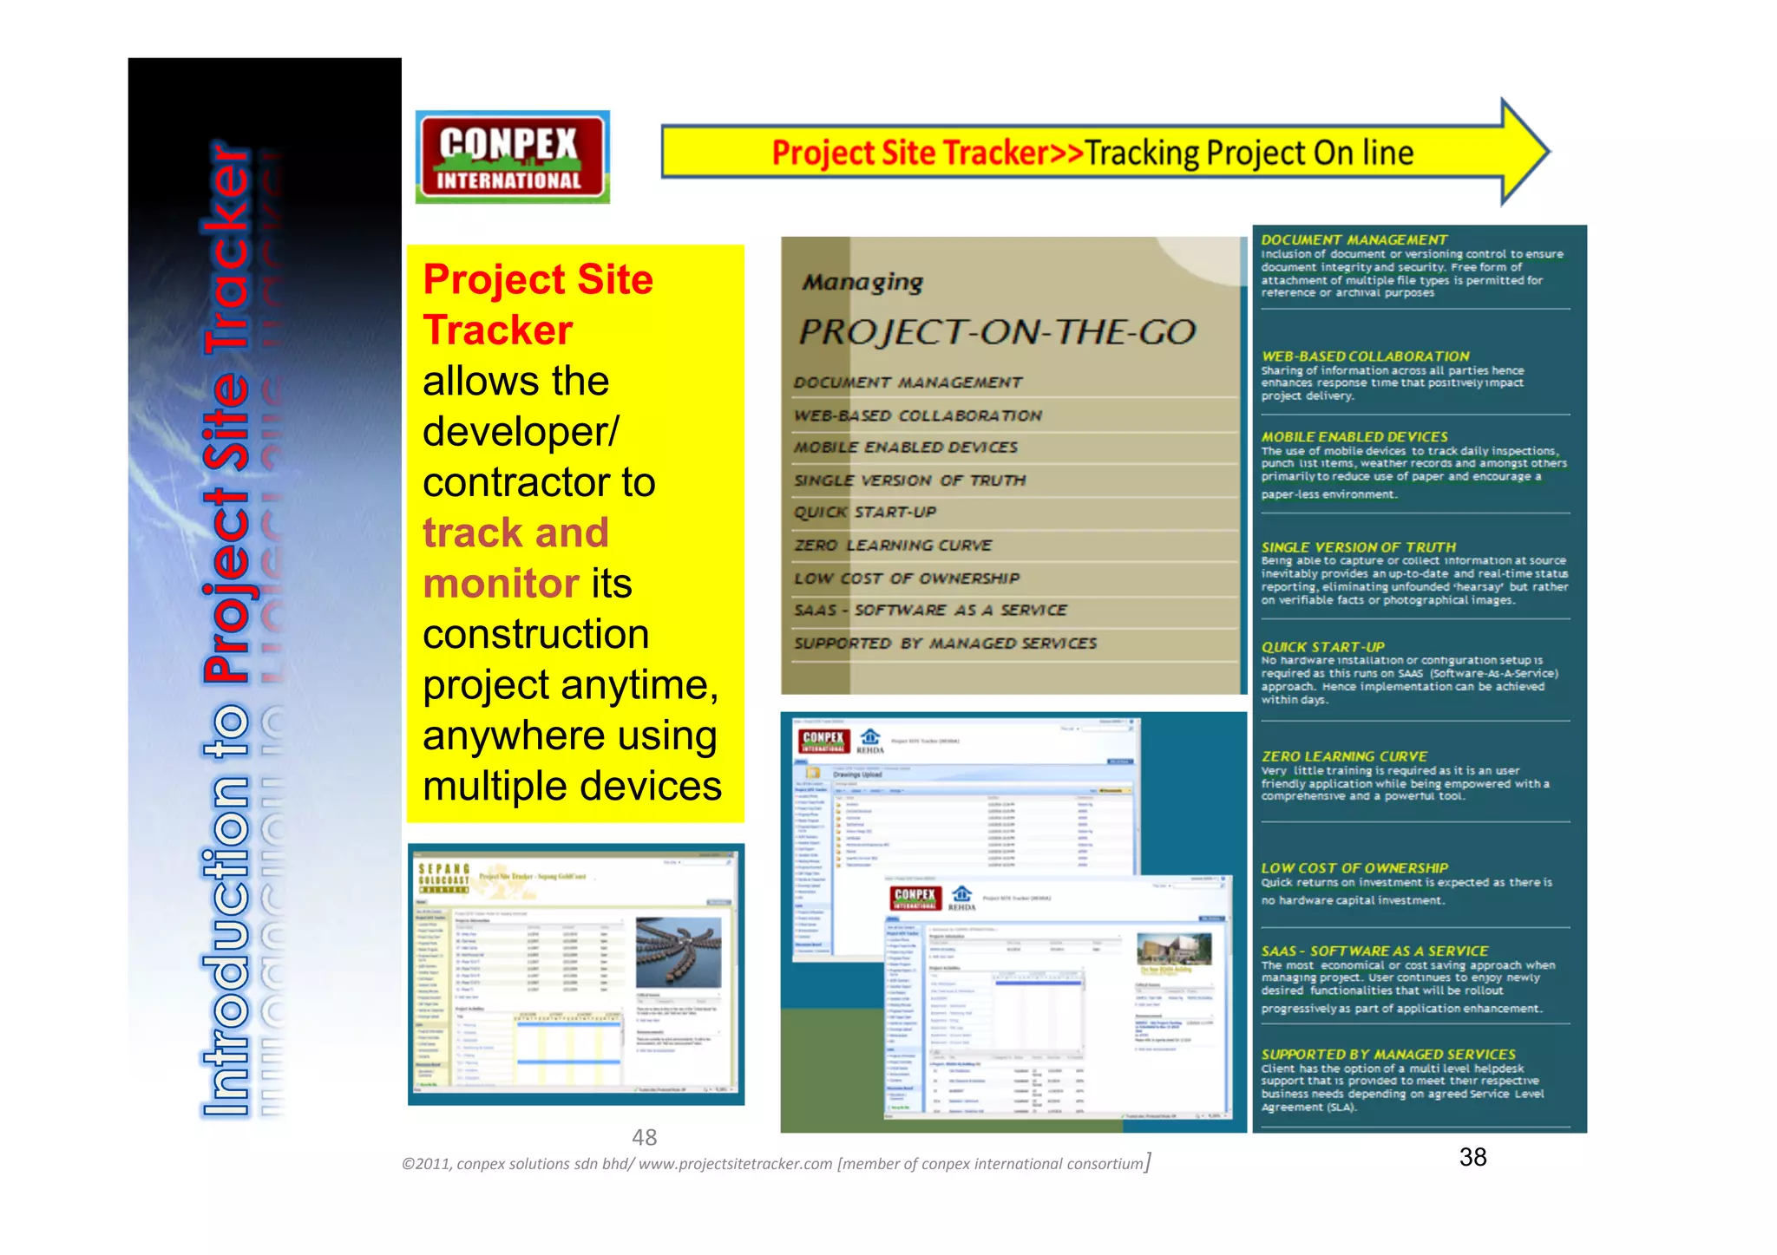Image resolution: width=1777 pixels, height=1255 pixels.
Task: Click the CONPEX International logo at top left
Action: pyautogui.click(x=512, y=157)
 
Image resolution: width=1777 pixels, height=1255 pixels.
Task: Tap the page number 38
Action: pyautogui.click(x=1472, y=1157)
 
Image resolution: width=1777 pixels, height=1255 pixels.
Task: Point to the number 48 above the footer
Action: pyautogui.click(x=644, y=1137)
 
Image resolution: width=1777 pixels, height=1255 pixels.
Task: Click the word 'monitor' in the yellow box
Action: pyautogui.click(x=501, y=584)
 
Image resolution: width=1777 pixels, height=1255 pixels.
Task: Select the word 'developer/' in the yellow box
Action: pyautogui.click(x=521, y=432)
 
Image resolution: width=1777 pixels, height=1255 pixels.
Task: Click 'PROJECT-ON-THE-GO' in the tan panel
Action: pyautogui.click(x=997, y=332)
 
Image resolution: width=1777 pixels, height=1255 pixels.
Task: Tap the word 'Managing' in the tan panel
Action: pyautogui.click(x=862, y=283)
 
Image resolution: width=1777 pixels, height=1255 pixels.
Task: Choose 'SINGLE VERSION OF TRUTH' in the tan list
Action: pyautogui.click(x=910, y=480)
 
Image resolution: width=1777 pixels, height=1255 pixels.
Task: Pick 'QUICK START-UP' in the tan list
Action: pyautogui.click(x=865, y=513)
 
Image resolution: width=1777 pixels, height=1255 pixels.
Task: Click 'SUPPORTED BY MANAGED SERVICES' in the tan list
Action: pyautogui.click(x=945, y=644)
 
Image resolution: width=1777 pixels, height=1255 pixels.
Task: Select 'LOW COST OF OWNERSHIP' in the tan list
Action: pyautogui.click(x=907, y=578)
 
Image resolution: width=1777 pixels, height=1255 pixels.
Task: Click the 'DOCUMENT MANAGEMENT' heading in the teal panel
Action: pyautogui.click(x=1354, y=239)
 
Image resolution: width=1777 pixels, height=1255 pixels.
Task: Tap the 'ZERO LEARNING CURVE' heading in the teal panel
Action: pyautogui.click(x=1343, y=756)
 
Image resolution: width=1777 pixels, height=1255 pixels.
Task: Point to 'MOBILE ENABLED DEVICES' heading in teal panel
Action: pyautogui.click(x=1354, y=437)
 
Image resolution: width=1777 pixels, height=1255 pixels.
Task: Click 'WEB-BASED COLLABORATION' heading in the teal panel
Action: pyautogui.click(x=1365, y=356)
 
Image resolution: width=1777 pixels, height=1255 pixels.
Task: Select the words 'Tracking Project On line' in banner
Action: pyautogui.click(x=1249, y=154)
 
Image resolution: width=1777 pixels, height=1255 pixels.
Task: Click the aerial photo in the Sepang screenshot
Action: pyautogui.click(x=678, y=952)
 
